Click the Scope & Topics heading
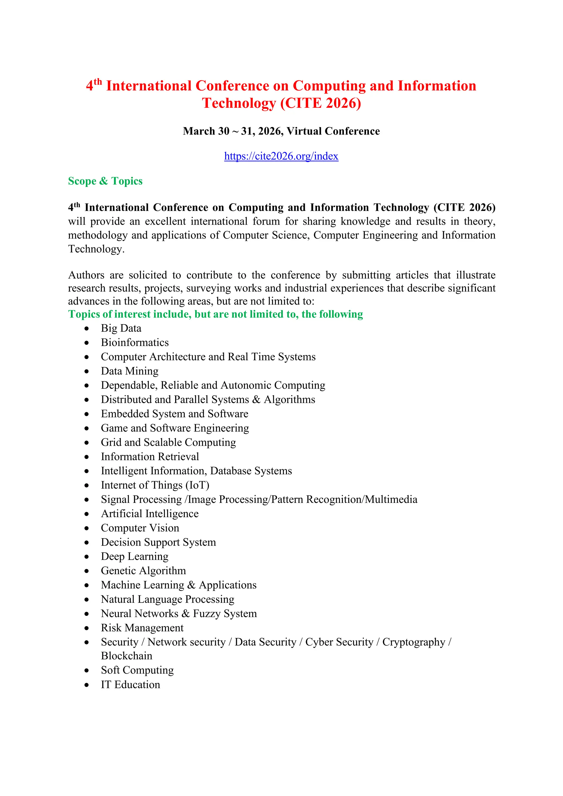point(105,181)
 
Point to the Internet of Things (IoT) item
point(155,485)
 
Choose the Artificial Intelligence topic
point(150,513)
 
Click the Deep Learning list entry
point(134,557)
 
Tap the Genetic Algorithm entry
point(143,571)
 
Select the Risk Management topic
point(142,627)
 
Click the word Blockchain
point(126,656)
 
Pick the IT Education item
point(130,685)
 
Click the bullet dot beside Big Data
point(87,328)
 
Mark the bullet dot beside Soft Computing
point(87,671)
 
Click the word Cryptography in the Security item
point(413,642)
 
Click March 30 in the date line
point(206,131)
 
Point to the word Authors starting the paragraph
point(86,275)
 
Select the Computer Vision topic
point(140,528)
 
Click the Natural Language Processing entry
point(167,599)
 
